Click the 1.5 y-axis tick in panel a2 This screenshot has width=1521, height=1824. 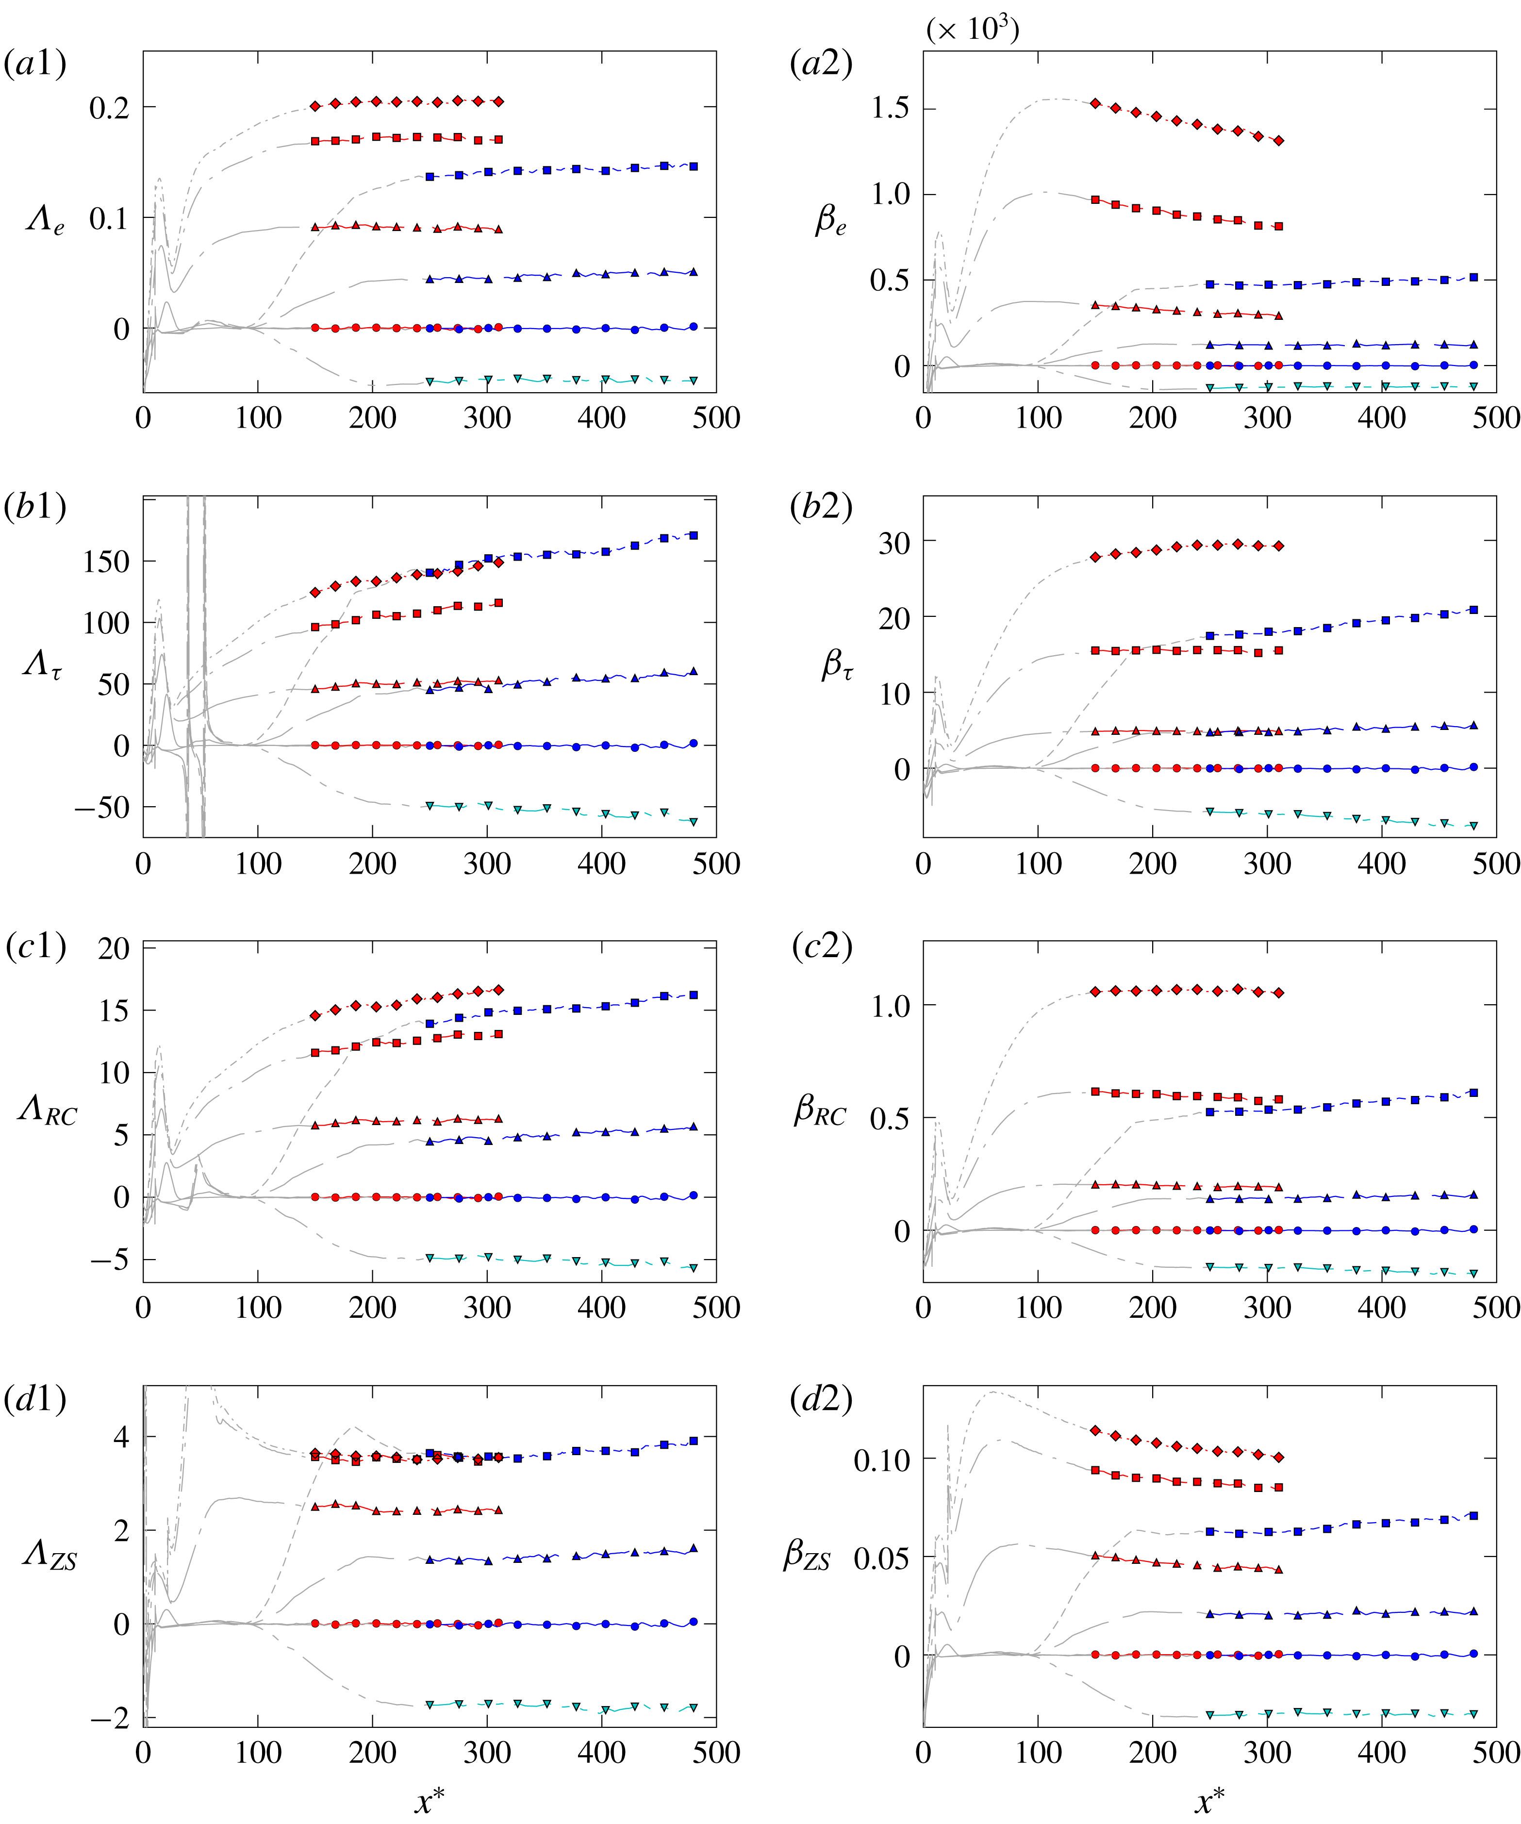pyautogui.click(x=890, y=109)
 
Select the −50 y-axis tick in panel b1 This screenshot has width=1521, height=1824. pyautogui.click(x=101, y=808)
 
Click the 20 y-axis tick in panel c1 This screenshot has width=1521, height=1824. pyautogui.click(x=114, y=948)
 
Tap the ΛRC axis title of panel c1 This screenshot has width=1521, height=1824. pyautogui.click(x=48, y=1112)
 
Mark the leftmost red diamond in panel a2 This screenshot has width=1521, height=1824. pyautogui.click(x=1095, y=103)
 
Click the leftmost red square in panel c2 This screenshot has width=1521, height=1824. pyautogui.click(x=1095, y=1092)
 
